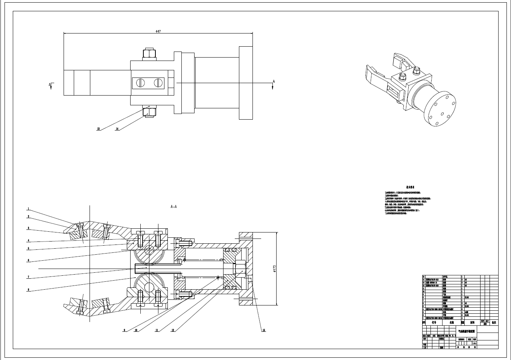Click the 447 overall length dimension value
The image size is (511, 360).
click(158, 32)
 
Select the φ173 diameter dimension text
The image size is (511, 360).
click(274, 267)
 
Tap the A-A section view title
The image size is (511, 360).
click(173, 207)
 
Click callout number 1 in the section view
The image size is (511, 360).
click(28, 209)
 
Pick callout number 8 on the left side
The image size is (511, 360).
click(28, 290)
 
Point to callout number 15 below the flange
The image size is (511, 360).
click(264, 330)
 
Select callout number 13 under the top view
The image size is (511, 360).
click(98, 129)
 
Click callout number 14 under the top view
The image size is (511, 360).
click(117, 129)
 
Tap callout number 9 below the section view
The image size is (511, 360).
click(124, 330)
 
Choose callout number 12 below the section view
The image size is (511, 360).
click(173, 330)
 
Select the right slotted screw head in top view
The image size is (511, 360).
click(158, 82)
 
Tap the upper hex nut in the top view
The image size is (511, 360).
click(149, 54)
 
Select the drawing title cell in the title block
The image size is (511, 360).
click(466, 332)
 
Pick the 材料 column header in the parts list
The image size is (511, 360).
click(472, 322)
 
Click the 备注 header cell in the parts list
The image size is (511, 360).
click(494, 322)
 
